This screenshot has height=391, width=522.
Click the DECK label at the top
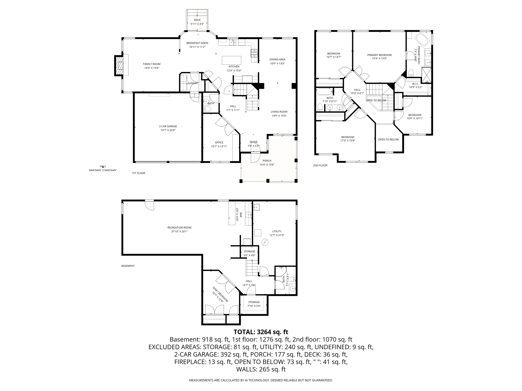[197, 20]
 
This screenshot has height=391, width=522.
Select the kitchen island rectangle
[231, 60]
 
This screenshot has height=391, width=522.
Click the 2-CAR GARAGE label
[168, 126]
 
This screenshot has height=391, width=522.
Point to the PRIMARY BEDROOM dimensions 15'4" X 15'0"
[379, 59]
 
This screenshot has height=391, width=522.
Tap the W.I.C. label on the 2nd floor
[415, 84]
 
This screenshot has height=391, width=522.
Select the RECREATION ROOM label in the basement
[179, 228]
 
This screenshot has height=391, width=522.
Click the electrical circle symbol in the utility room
[265, 242]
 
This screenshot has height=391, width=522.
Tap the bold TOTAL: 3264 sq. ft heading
[261, 332]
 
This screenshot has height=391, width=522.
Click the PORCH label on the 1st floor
[267, 161]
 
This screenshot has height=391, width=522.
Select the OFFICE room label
[219, 143]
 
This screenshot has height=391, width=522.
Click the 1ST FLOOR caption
[138, 173]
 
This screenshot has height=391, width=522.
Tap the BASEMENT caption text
[128, 266]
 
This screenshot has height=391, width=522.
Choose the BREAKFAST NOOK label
[197, 43]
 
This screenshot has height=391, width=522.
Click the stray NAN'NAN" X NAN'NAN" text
[103, 170]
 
